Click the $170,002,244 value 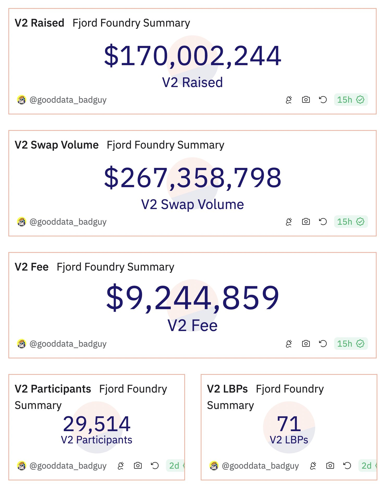tap(193, 56)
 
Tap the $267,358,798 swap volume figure tap(193, 178)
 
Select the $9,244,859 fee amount tap(193, 298)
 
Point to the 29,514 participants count tap(97, 424)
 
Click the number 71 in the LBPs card tap(289, 424)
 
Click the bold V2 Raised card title tap(39, 23)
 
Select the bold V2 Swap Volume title tap(57, 145)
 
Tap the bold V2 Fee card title tap(32, 267)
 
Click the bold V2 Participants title tap(53, 389)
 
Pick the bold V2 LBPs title tap(227, 389)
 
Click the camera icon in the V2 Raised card tap(306, 100)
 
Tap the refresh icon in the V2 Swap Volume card tap(323, 222)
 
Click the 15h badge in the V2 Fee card tap(351, 344)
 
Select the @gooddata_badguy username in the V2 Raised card tap(68, 100)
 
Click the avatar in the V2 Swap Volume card tap(22, 222)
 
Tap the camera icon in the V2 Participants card tap(138, 466)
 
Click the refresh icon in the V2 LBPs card tap(347, 466)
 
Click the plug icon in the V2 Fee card tap(289, 344)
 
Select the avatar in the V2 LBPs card tap(214, 466)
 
